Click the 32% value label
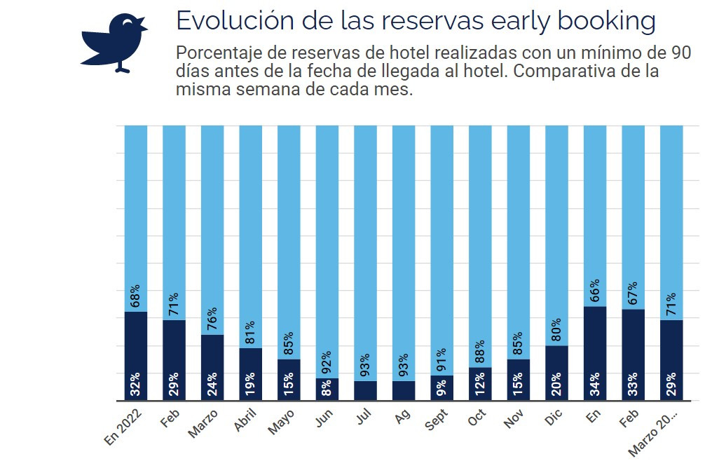pyautogui.click(x=136, y=385)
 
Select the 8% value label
pyautogui.click(x=327, y=388)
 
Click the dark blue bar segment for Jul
pyautogui.click(x=366, y=391)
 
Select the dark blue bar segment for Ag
pyautogui.click(x=404, y=391)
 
